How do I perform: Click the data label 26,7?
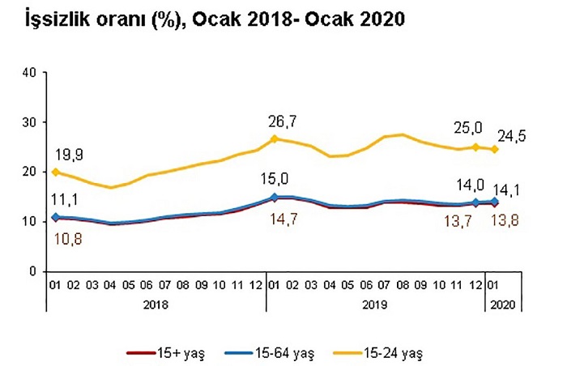(283, 122)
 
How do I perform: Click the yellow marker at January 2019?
(274, 138)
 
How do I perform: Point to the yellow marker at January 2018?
(55, 172)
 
